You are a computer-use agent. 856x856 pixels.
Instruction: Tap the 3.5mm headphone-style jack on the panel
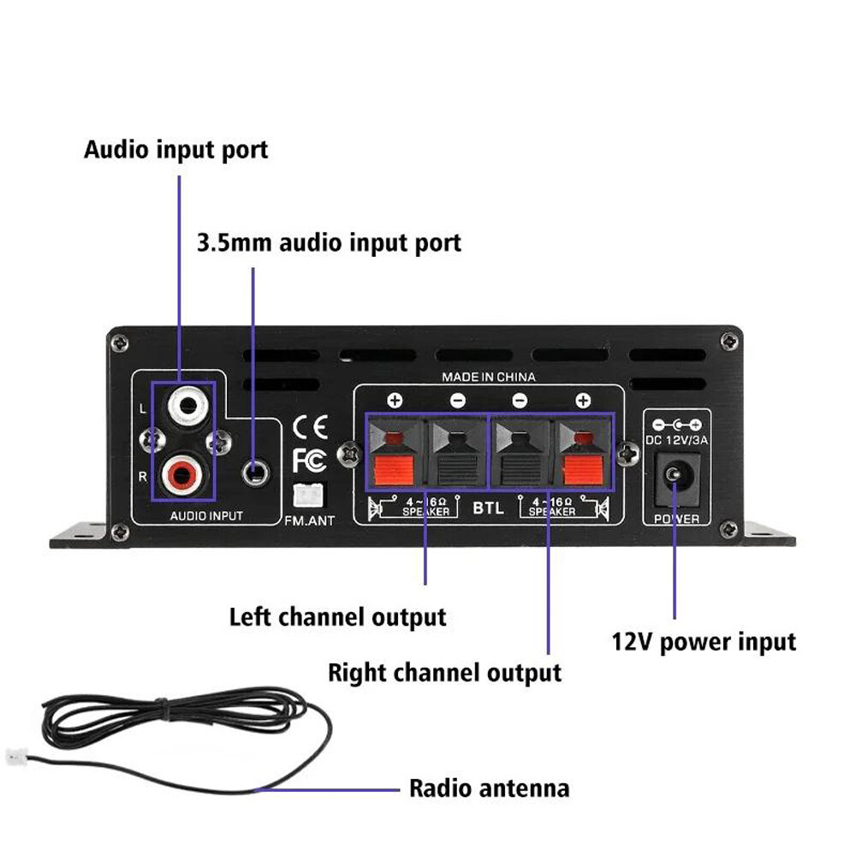coord(254,470)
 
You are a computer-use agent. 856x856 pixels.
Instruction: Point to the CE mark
coord(309,426)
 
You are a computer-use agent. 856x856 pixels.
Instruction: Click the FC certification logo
coord(309,461)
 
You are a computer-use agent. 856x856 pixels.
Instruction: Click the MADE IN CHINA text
coord(488,377)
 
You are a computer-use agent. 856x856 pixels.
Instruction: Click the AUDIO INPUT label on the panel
coord(206,516)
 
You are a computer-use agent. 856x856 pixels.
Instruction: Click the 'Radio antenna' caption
coord(489,788)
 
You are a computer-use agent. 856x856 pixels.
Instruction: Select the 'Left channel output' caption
coord(337,616)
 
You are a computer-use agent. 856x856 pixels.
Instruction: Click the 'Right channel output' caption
coord(444,672)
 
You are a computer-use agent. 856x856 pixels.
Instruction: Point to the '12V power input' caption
coord(703,641)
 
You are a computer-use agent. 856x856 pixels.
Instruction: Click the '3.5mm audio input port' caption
coord(329,242)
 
